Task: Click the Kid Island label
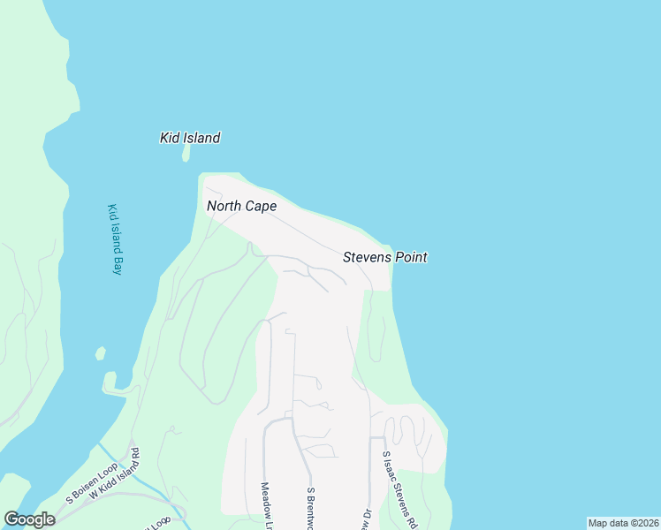[x=190, y=138]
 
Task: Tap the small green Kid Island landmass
[x=186, y=153]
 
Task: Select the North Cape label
[x=241, y=206]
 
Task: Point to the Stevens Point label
[x=384, y=257]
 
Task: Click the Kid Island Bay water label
[x=113, y=239]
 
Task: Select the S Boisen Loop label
[x=87, y=487]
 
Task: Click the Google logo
[x=29, y=519]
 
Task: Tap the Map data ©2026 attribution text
[x=623, y=523]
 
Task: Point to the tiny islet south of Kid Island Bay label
[x=101, y=353]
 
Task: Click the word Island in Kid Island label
[x=201, y=138]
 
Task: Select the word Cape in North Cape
[x=262, y=206]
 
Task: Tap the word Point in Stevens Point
[x=411, y=257]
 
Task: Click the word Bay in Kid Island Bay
[x=116, y=266]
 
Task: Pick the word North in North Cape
[x=224, y=206]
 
